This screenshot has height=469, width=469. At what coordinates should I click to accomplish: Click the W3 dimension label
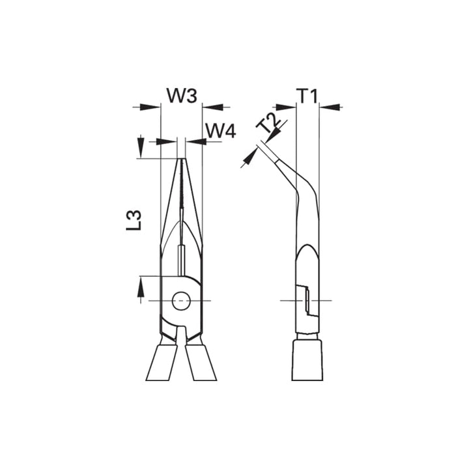(181, 96)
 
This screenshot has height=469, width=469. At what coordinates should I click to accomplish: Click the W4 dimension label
(220, 130)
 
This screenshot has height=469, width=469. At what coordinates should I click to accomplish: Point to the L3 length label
(134, 220)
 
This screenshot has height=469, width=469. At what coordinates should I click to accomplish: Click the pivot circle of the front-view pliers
(181, 300)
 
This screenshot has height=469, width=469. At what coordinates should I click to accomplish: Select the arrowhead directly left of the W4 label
(195, 141)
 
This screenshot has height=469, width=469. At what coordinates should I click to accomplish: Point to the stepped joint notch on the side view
(304, 300)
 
